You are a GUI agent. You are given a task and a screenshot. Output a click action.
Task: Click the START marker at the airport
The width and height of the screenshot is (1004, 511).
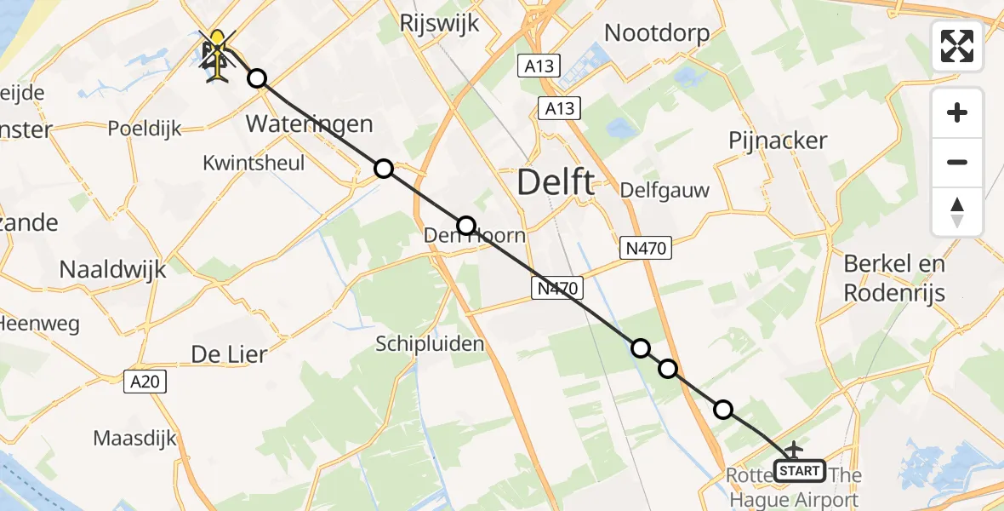(x=800, y=470)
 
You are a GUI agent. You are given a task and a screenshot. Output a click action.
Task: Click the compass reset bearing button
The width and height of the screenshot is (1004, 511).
(x=957, y=212)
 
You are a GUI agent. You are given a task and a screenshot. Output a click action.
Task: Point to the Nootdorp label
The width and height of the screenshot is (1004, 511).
(x=657, y=32)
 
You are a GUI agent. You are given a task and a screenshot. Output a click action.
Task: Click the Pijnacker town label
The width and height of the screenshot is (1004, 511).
(x=778, y=141)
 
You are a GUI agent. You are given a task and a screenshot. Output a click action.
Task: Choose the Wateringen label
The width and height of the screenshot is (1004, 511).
(x=309, y=123)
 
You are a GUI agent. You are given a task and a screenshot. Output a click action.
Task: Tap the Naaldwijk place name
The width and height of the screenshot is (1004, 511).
(x=112, y=270)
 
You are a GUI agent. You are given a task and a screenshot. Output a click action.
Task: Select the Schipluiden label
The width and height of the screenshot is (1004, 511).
(x=431, y=344)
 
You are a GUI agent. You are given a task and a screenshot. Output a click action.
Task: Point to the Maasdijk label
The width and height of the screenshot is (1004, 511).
(x=135, y=439)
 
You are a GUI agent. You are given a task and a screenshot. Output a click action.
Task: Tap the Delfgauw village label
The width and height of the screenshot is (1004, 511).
(x=665, y=190)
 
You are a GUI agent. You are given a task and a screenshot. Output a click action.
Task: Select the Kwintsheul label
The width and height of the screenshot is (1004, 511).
(x=254, y=163)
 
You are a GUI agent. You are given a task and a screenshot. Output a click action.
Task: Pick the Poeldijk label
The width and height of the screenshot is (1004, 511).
(x=145, y=129)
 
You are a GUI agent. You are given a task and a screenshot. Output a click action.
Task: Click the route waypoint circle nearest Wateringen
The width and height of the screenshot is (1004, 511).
(x=257, y=79)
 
